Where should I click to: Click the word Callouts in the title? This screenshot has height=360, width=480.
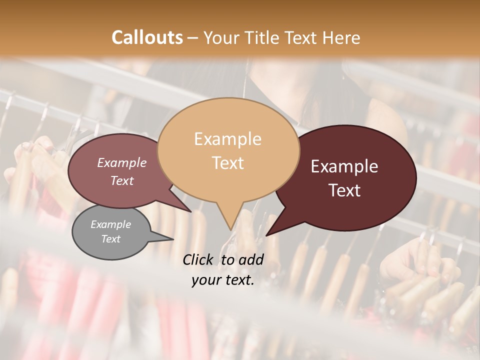click(x=147, y=37)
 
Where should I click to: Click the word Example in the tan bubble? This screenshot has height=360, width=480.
click(x=227, y=139)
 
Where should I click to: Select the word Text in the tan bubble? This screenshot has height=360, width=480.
click(x=227, y=162)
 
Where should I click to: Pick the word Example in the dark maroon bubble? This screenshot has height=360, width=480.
click(x=344, y=166)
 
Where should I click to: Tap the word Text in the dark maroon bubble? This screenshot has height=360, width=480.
click(x=344, y=190)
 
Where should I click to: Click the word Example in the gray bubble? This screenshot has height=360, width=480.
click(x=111, y=224)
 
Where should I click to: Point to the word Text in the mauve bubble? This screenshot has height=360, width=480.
click(x=122, y=180)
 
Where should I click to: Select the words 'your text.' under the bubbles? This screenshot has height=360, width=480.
click(x=223, y=280)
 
